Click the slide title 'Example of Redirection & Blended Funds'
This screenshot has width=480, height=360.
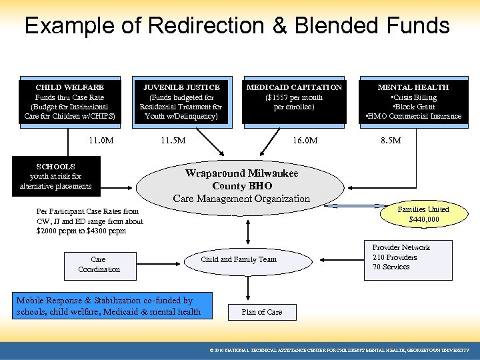tap(237, 26)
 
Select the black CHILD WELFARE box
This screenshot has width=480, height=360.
tap(70, 101)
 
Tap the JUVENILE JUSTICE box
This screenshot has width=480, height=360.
tap(181, 101)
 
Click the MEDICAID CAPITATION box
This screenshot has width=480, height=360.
tap(294, 101)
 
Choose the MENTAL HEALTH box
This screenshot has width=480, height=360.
tap(413, 101)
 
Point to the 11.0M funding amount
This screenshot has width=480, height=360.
tap(101, 141)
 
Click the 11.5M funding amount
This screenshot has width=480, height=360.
tap(173, 141)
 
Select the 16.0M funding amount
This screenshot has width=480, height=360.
tap(305, 141)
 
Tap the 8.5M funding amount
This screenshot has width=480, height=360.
tap(390, 141)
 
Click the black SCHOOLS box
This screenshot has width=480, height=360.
tap(56, 176)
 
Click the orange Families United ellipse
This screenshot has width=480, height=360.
tap(423, 214)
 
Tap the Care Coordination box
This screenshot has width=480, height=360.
tap(99, 264)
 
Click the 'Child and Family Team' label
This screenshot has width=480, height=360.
tap(239, 259)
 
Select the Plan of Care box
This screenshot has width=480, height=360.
tap(261, 312)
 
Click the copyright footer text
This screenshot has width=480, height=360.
tap(339, 350)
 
